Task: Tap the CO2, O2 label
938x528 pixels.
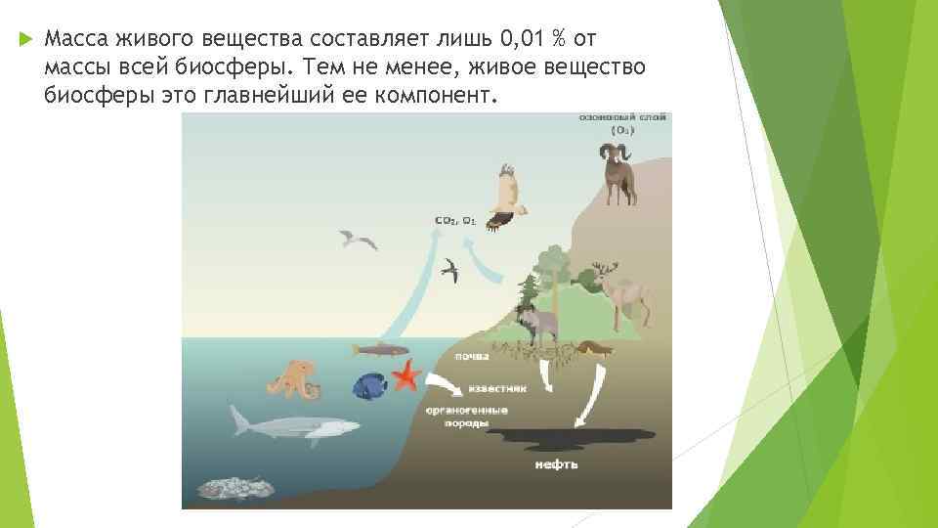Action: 454,220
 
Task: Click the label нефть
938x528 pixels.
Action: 556,463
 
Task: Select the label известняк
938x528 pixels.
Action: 499,387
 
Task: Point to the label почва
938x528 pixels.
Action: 475,359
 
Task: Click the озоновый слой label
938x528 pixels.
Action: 621,116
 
